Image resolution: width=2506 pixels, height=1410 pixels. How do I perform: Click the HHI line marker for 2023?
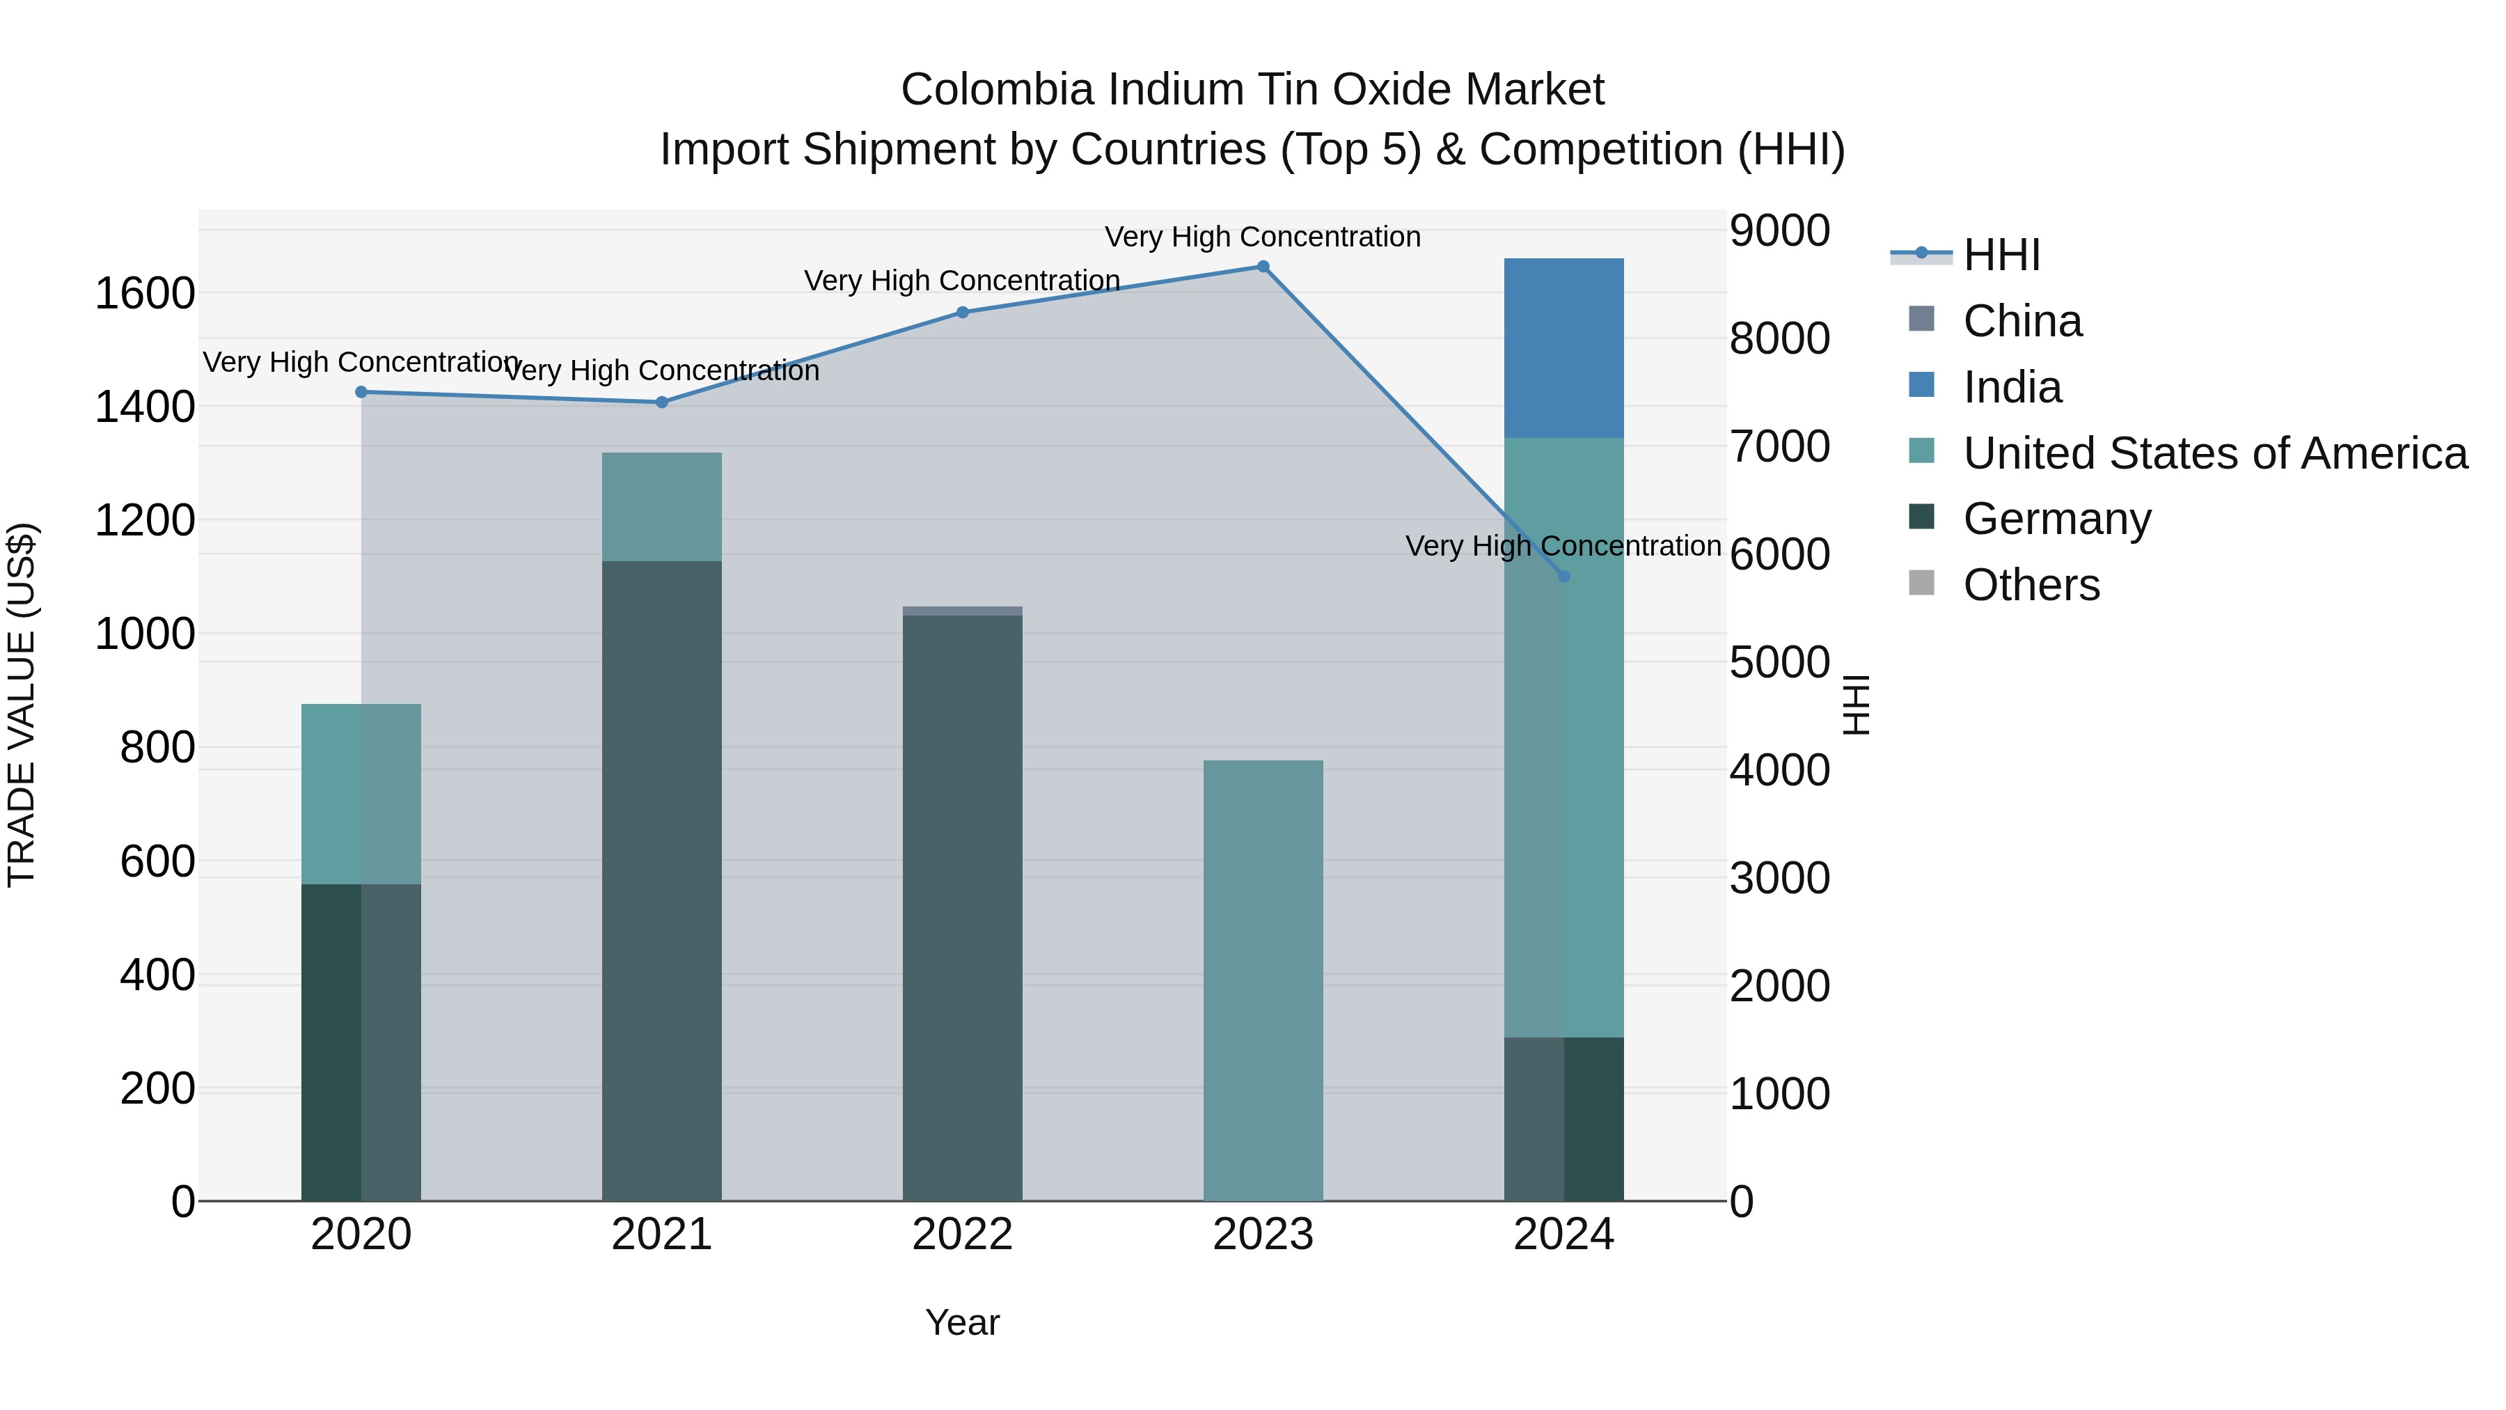(x=1263, y=267)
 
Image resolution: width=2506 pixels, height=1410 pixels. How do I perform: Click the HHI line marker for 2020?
(x=361, y=392)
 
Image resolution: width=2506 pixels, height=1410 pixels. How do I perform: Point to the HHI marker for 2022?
(x=962, y=313)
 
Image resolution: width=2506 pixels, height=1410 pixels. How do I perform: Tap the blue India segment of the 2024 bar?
(x=1563, y=348)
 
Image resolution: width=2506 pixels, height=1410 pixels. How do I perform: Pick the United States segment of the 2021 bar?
(x=661, y=507)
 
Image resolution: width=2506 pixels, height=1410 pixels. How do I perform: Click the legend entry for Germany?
(x=2056, y=519)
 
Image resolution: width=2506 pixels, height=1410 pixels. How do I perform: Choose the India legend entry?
(x=2012, y=387)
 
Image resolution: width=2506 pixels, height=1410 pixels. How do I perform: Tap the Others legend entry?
(x=2031, y=585)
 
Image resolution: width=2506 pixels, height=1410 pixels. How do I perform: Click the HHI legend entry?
(x=2001, y=255)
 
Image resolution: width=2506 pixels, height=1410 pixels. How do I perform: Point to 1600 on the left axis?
(x=145, y=293)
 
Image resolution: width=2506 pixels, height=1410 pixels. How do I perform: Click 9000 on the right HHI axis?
(x=1779, y=232)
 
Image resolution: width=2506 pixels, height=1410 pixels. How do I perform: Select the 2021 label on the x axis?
(x=661, y=1235)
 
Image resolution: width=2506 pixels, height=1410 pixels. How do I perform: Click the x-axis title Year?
(x=962, y=1322)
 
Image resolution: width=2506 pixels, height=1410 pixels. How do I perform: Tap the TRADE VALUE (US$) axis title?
(x=22, y=705)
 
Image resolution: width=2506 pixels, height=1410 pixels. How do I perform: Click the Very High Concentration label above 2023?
(x=1263, y=237)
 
